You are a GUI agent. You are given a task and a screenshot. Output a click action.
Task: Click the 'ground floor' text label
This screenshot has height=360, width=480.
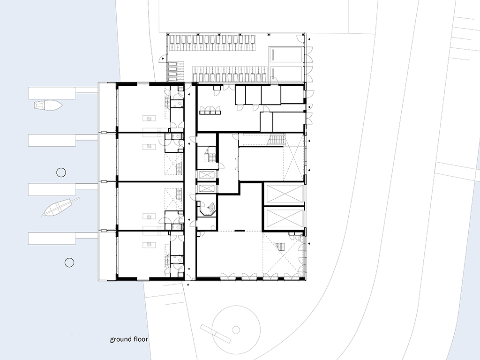(x=129, y=339)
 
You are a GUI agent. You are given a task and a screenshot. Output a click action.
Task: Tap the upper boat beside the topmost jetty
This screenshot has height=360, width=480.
(x=48, y=105)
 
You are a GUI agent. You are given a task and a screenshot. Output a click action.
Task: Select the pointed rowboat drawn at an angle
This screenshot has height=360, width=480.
(x=60, y=207)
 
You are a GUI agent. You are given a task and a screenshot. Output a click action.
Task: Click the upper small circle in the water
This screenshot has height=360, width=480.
(x=61, y=172)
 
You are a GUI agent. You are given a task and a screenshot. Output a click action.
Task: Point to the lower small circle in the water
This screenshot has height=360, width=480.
(x=69, y=262)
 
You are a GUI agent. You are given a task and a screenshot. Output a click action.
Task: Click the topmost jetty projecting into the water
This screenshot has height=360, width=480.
(x=63, y=93)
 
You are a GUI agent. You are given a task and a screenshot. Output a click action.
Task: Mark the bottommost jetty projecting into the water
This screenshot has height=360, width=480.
(x=63, y=238)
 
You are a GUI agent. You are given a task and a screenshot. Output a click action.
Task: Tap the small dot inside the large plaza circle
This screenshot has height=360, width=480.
(x=236, y=330)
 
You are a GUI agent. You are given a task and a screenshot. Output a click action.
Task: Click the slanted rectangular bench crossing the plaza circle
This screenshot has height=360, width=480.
(x=215, y=333)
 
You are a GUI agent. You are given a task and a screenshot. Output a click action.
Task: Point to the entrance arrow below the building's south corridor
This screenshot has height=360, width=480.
(x=188, y=285)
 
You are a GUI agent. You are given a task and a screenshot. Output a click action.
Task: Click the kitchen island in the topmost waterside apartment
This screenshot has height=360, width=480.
(x=150, y=118)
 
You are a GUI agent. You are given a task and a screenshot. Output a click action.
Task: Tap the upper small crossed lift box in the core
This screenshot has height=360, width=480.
(x=207, y=175)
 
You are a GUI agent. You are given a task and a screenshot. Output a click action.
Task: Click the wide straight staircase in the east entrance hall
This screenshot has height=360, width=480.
(x=277, y=140)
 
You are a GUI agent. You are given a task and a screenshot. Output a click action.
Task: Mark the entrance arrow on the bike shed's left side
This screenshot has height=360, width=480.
(x=164, y=58)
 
